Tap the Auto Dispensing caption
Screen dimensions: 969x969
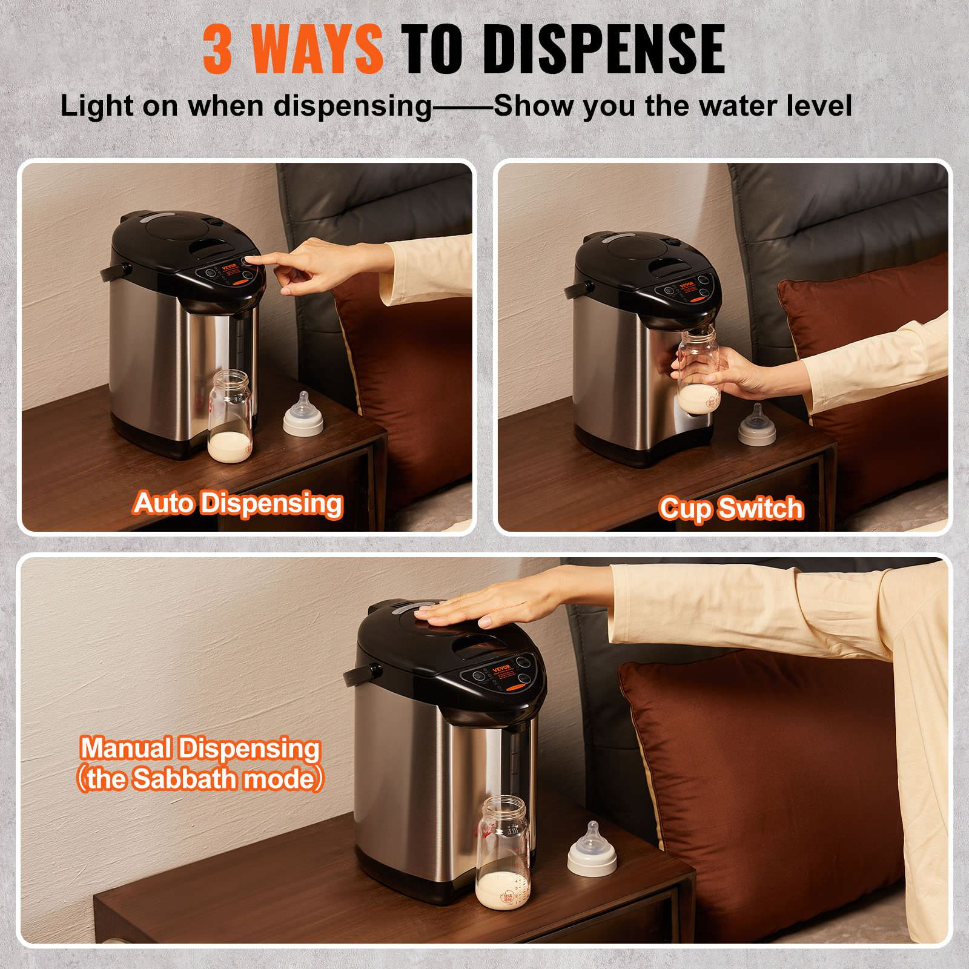tap(238, 504)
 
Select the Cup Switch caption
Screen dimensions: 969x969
tap(731, 508)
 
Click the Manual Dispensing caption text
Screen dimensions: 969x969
tap(200, 749)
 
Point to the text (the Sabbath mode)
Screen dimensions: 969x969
tap(200, 779)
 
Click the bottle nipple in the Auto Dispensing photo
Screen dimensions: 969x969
tap(303, 414)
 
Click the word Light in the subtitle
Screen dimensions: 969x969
tap(96, 106)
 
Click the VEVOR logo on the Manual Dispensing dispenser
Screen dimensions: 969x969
tap(502, 669)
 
